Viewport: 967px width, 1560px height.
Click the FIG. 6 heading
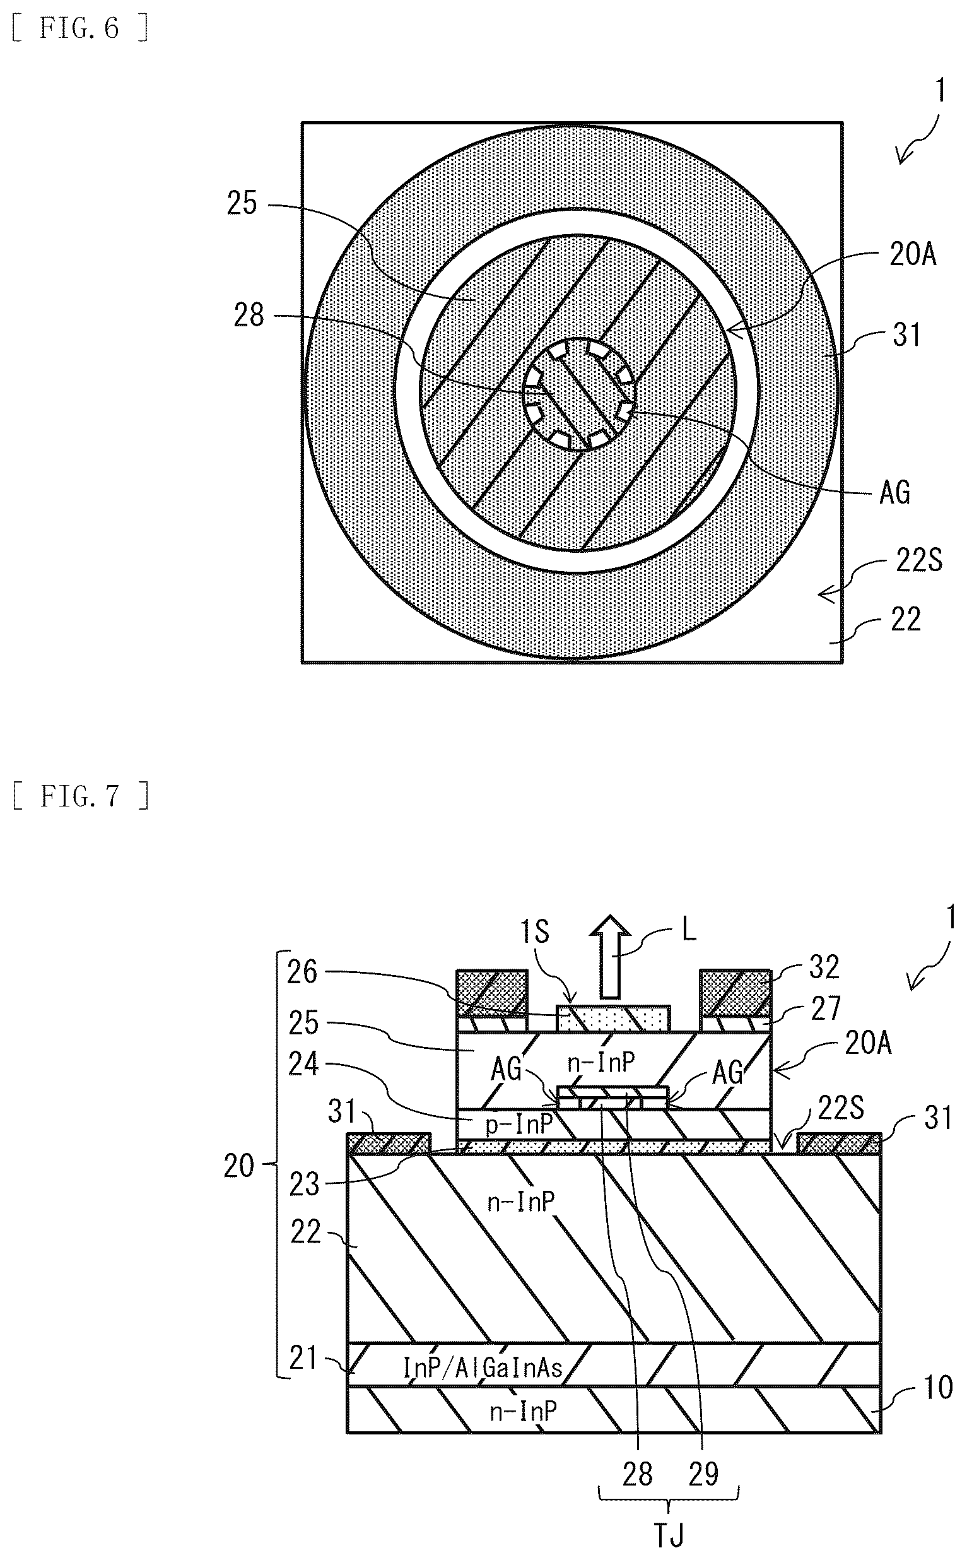(x=81, y=29)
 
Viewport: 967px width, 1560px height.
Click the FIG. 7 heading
(x=81, y=796)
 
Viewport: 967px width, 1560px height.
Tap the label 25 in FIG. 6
(x=242, y=203)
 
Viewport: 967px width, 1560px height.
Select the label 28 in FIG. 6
(x=249, y=316)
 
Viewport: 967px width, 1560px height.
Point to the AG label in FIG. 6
(x=894, y=493)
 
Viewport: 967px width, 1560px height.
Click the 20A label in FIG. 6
(x=913, y=254)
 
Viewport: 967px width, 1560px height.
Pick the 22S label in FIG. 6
(x=919, y=560)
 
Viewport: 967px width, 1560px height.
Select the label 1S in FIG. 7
(x=535, y=931)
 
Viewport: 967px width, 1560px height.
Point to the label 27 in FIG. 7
(x=825, y=1009)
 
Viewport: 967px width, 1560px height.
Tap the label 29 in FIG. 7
(x=703, y=1474)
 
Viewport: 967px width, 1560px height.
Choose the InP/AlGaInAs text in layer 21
(x=483, y=1368)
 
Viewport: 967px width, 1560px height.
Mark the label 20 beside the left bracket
(x=239, y=1166)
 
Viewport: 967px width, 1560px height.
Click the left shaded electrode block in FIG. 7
(x=492, y=993)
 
